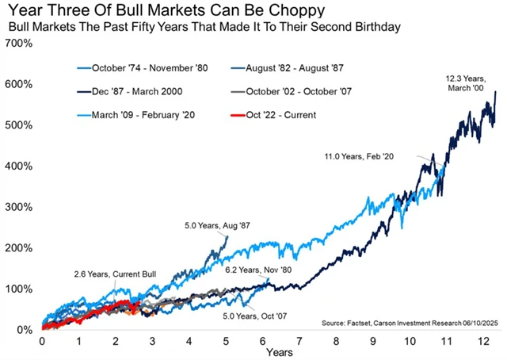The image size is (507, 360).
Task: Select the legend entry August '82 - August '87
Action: pos(285,68)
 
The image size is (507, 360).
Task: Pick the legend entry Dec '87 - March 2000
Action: pos(132,92)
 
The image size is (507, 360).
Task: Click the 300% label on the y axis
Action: pos(19,207)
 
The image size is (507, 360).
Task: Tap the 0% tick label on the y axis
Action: pos(24,329)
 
